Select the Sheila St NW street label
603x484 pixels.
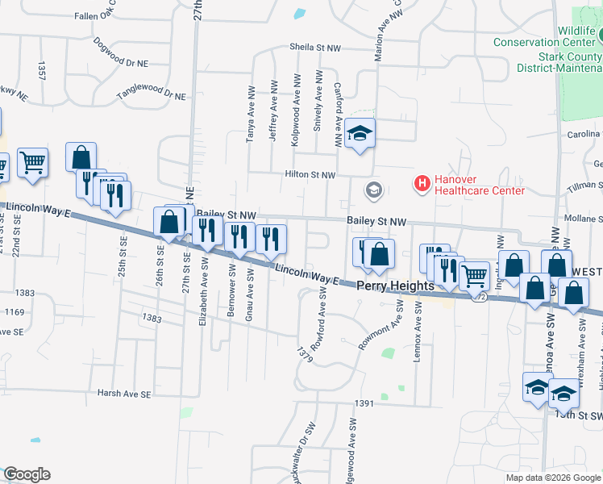tap(312, 48)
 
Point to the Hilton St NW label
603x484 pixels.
tap(310, 174)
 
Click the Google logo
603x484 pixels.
tap(27, 474)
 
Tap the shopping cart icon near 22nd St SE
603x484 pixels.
tap(32, 162)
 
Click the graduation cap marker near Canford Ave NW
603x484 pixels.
tap(360, 133)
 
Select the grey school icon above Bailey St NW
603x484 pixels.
tap(373, 190)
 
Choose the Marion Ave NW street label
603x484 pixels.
tap(377, 36)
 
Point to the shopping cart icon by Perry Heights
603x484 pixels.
tap(474, 275)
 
